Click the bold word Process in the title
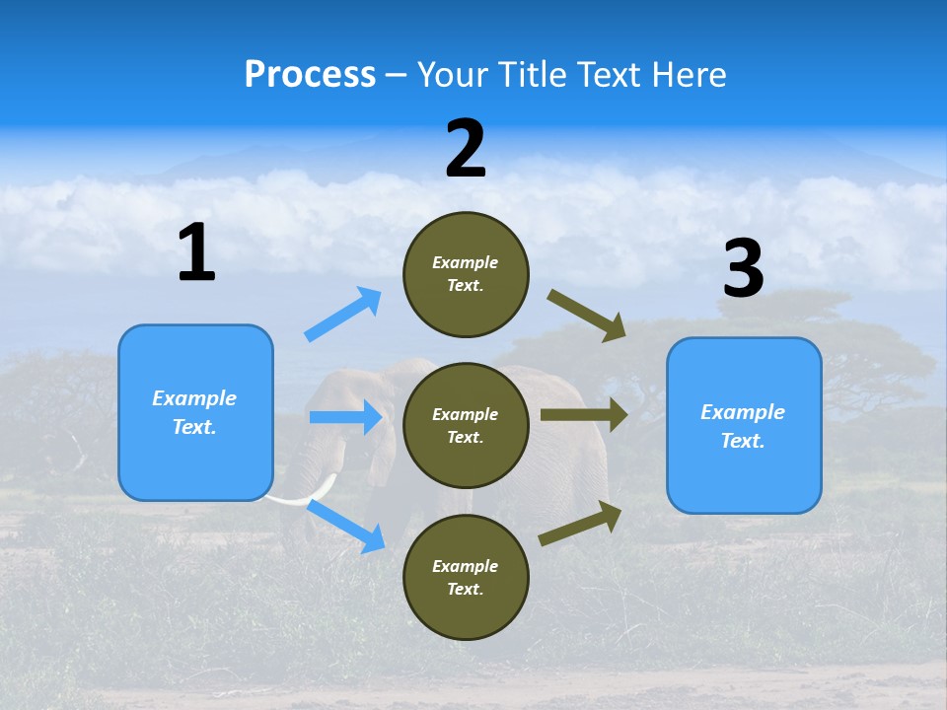(x=310, y=74)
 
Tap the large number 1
(x=196, y=253)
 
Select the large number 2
(x=466, y=150)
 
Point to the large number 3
(x=743, y=269)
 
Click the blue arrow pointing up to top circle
(x=343, y=315)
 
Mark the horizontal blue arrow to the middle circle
(x=345, y=417)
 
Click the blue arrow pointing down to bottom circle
(x=346, y=525)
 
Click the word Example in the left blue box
(x=194, y=398)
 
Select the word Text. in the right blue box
(x=743, y=441)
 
